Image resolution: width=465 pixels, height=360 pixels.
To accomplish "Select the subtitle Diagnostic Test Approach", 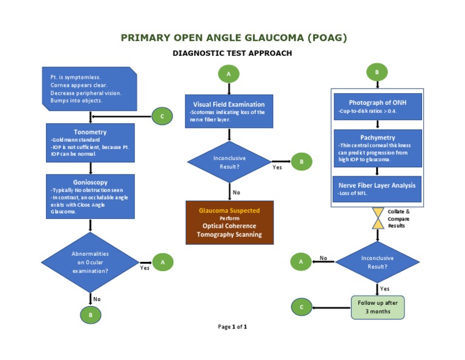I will tap(232, 53).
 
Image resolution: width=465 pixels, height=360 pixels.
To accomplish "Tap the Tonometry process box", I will tap(90, 143).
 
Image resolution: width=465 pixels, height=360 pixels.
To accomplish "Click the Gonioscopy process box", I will tap(90, 196).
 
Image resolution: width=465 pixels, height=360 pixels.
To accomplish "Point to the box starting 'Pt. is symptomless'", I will tap(90, 88).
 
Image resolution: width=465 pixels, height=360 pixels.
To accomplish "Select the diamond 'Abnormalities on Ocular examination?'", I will tap(90, 262).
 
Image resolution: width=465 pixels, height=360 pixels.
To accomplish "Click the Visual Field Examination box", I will tap(228, 112).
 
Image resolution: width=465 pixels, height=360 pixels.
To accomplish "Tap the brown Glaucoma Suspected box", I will tap(229, 222).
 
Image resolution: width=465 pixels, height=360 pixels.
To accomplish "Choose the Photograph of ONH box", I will tap(377, 107).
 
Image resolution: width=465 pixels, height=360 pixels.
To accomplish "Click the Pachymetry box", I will tap(377, 148).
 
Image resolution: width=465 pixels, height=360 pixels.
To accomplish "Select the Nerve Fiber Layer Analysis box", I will tap(377, 189).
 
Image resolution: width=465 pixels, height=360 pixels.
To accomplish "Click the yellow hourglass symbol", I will tap(378, 218).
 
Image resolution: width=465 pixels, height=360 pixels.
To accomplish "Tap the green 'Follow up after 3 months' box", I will tap(377, 307).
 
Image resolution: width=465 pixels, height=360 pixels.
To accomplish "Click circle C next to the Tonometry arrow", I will tap(162, 116).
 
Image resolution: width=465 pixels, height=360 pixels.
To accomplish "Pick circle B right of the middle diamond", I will tap(302, 162).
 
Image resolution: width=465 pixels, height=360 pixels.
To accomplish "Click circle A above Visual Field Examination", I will tap(228, 74).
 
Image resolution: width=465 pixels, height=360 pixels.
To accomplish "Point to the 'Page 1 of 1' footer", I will tap(232, 327).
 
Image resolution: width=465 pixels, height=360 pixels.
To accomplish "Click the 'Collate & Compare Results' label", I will tap(398, 218).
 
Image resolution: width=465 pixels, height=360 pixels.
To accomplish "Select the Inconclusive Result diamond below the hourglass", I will tap(377, 262).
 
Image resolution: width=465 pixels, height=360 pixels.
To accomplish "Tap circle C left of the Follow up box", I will tap(302, 307).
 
